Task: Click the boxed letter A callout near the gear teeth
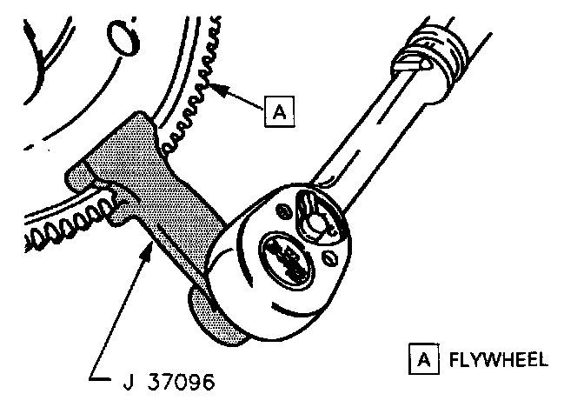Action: [x=279, y=110]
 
